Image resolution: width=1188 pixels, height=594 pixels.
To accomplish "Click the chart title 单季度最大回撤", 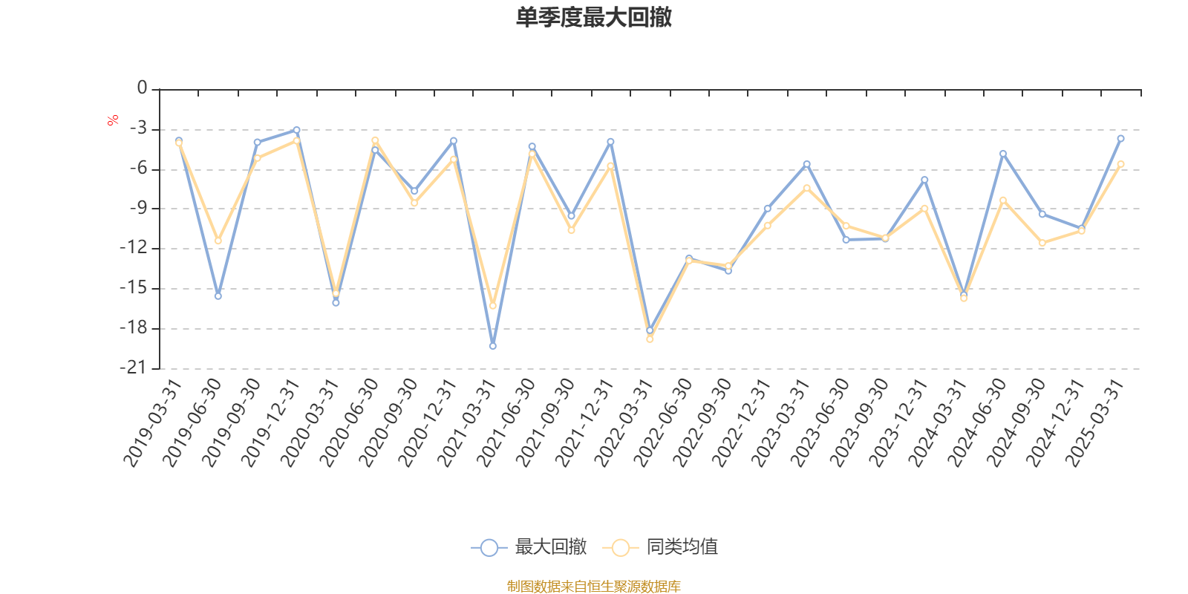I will point(594,17).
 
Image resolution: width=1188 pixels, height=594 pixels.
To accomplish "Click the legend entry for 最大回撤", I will point(529,548).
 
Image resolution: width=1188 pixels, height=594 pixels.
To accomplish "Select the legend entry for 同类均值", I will point(660,548).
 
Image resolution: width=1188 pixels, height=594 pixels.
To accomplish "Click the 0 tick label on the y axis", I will point(142,89).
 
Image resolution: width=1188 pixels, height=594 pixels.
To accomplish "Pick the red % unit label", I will point(113,120).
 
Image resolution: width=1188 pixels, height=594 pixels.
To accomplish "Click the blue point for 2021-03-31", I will point(493,346).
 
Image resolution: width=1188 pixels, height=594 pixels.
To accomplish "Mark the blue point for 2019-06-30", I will point(218,296).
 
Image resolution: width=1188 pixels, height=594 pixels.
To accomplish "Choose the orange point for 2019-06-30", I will point(218,241).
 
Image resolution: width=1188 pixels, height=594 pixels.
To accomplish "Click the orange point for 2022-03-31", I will point(650,339).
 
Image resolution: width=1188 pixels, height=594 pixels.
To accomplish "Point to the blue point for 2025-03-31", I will point(1120,139).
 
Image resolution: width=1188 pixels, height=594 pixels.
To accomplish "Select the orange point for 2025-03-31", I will point(1120,164).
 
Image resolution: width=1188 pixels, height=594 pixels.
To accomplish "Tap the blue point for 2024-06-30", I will point(1003,154).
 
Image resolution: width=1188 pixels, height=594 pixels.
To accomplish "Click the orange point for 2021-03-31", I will point(493,306).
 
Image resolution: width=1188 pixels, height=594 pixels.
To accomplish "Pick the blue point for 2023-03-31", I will point(806,164).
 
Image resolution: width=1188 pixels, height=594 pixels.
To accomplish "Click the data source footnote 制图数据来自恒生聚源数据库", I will point(594,587).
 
